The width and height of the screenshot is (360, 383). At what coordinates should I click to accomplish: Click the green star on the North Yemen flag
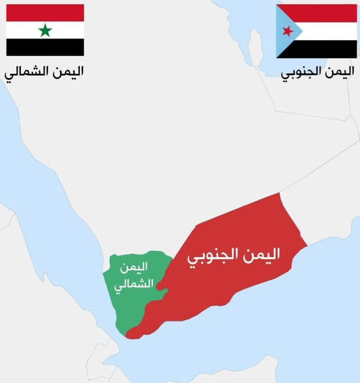tap(45, 30)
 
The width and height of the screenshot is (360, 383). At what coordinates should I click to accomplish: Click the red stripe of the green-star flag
tap(45, 13)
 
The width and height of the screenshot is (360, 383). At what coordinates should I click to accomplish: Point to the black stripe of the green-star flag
tap(45, 47)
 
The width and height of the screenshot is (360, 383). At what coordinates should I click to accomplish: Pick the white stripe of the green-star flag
tap(21, 30)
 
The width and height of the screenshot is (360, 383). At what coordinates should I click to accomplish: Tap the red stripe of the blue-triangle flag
tap(326, 13)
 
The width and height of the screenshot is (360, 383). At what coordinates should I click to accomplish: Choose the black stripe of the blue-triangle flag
tap(326, 49)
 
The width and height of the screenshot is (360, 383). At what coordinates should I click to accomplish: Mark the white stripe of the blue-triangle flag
tap(329, 31)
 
